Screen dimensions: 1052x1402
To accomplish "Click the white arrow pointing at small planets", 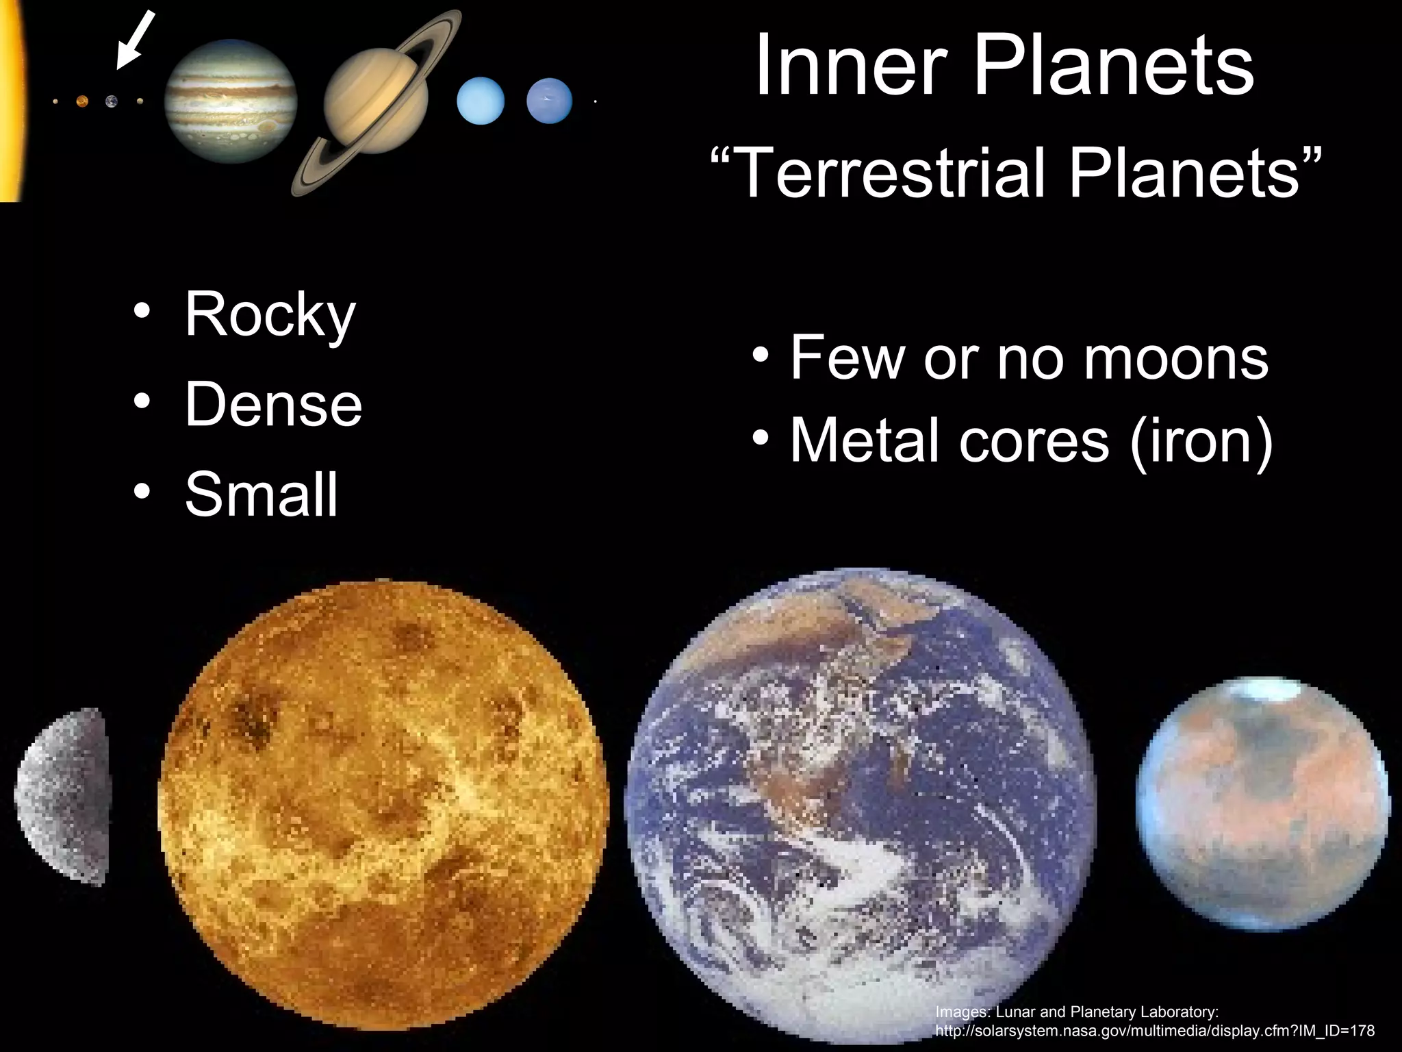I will coord(135,40).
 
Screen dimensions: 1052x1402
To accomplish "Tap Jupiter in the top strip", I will coord(231,101).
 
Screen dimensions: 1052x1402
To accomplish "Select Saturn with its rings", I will coord(376,103).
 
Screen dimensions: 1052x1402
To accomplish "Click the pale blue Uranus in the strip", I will coord(481,101).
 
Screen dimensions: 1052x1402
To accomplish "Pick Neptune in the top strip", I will coord(549,101).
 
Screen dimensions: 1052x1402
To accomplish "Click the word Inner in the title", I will coord(852,66).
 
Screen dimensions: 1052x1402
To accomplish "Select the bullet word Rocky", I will coord(270,315).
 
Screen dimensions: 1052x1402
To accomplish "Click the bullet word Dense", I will coord(273,404).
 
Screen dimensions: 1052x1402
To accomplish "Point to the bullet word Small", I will coord(262,494).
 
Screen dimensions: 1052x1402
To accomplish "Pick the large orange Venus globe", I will coord(383,805).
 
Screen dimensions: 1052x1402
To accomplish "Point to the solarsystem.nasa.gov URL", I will coord(1154,1031).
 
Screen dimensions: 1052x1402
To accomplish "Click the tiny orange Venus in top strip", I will coord(82,102).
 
